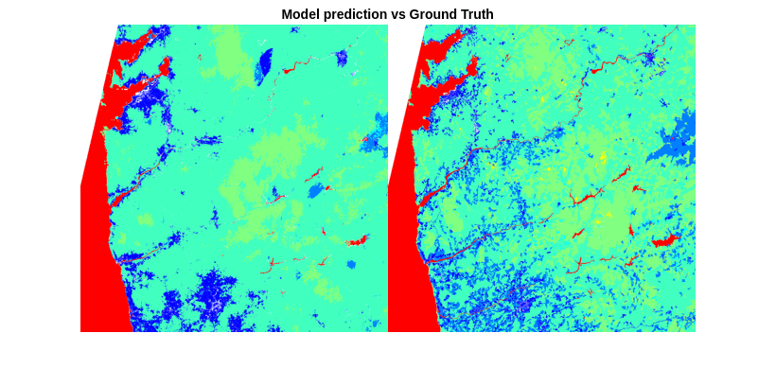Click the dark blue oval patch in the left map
pyautogui.click(x=264, y=64)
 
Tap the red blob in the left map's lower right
pyautogui.click(x=358, y=241)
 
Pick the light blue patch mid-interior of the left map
pyautogui.click(x=315, y=190)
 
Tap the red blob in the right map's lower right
pyautogui.click(x=665, y=240)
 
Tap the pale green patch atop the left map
pyautogui.click(x=232, y=52)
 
